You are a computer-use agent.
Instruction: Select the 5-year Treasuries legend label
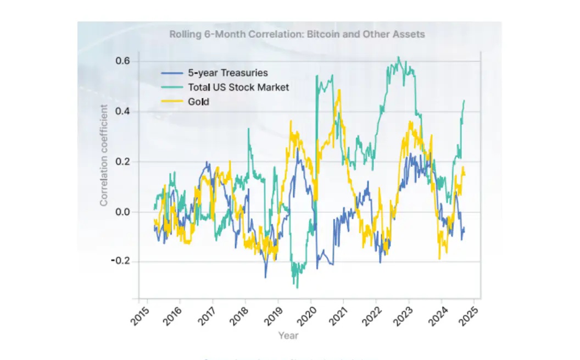228,73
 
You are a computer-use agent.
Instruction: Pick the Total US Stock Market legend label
238,87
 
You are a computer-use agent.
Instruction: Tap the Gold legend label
199,102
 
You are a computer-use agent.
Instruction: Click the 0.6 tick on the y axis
122,60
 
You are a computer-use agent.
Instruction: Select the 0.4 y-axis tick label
122,111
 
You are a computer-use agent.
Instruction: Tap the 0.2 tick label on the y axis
122,162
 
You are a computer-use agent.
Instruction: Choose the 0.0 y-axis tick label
122,212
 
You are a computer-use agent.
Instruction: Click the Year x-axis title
288,335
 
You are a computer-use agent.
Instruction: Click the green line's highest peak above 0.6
399,57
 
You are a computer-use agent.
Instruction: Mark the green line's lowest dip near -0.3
297,287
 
